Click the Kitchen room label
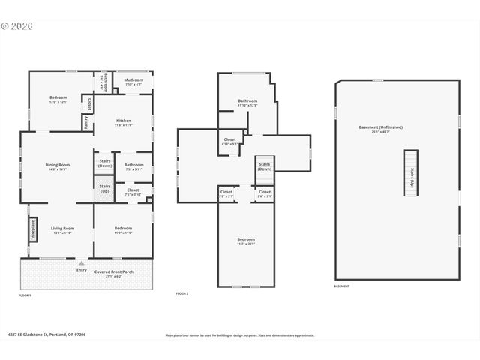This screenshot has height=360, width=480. (x=123, y=122)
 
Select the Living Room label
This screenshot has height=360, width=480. (x=62, y=229)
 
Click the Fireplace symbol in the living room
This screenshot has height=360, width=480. (x=33, y=229)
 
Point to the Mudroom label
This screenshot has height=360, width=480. (x=133, y=81)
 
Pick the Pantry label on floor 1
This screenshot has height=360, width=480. (x=86, y=122)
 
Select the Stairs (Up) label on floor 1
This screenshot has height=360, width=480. (x=105, y=188)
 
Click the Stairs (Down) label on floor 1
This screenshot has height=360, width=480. (x=105, y=163)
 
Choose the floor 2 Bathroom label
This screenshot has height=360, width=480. (x=247, y=103)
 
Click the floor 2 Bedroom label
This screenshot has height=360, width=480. (x=247, y=241)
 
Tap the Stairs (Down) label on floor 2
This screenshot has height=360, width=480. (x=265, y=166)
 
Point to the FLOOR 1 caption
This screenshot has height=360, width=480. (x=25, y=295)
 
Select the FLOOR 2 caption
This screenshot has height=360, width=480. (x=181, y=293)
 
